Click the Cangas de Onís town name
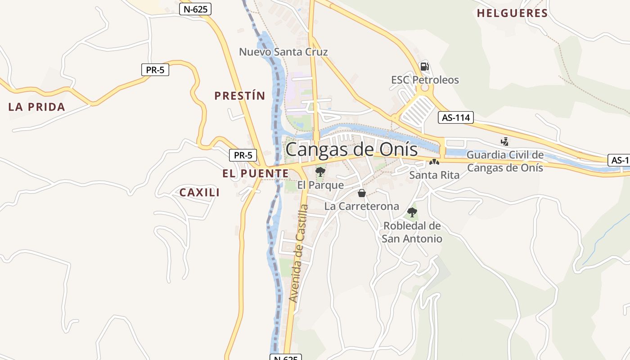pos(351,149)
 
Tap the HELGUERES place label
pos(512,13)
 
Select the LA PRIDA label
pos(37,107)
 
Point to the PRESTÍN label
pos(240,96)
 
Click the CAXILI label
pos(199,193)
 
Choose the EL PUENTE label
pos(255,173)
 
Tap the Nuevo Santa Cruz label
pos(283,52)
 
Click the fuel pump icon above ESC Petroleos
pos(424,67)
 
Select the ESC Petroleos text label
pos(425,80)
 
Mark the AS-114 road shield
pos(456,118)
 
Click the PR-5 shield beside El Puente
pos(243,155)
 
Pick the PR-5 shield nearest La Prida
pos(155,70)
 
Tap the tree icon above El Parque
pos(320,171)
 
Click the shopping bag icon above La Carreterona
pos(361,193)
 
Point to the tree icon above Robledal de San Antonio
pos(412,212)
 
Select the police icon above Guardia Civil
pos(504,142)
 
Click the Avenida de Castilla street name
pos(298,253)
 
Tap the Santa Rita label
pos(434,175)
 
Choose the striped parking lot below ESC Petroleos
pos(417,111)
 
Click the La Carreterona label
pos(362,207)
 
